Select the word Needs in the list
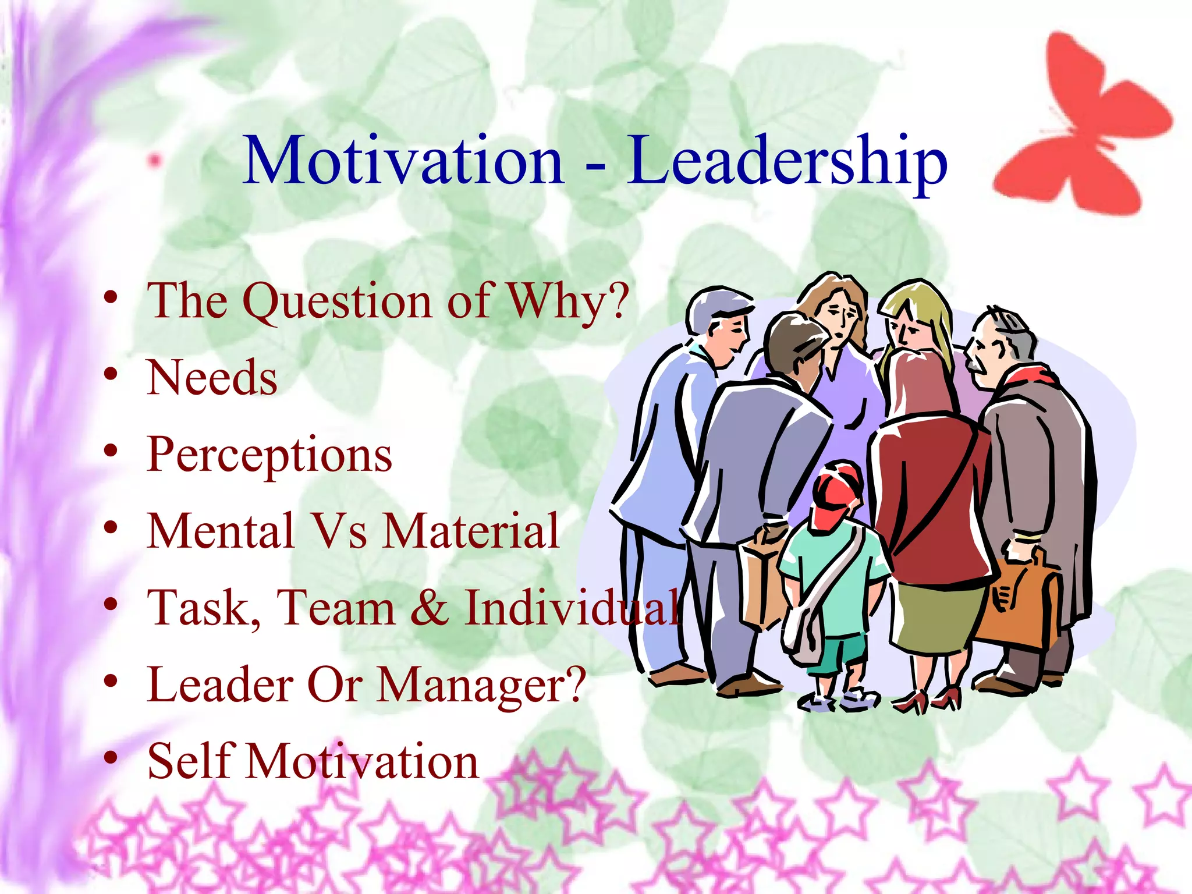[x=212, y=378]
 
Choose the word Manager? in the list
[x=482, y=685]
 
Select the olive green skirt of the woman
[x=937, y=617]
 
